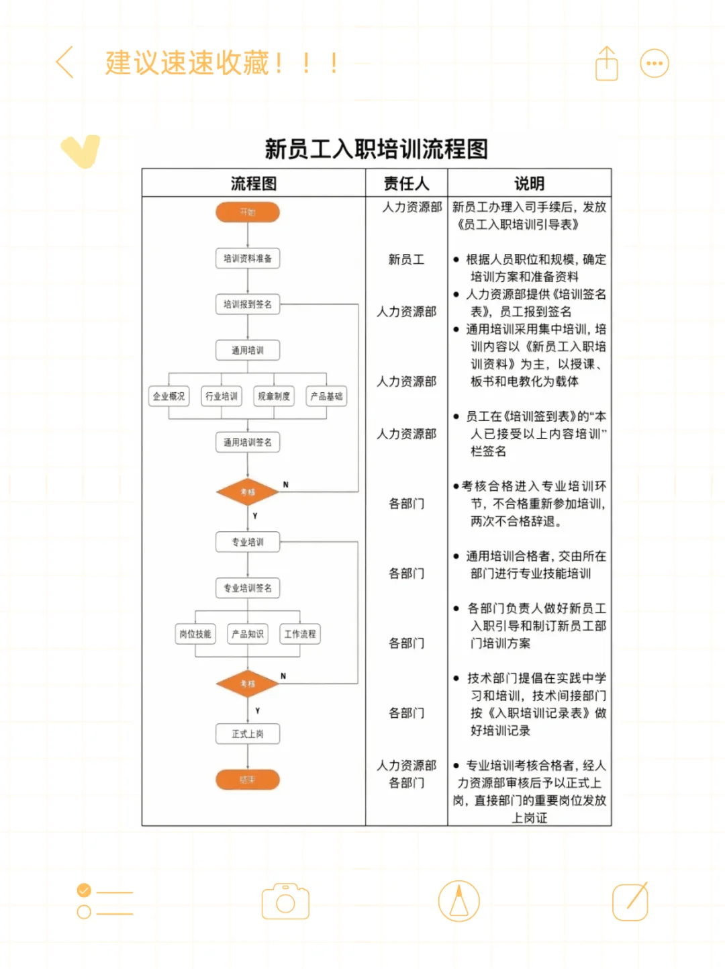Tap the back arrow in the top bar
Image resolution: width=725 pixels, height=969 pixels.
pos(65,63)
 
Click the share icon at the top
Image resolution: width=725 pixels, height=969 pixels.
pos(606,64)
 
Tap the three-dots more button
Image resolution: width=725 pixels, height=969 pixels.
pos(655,64)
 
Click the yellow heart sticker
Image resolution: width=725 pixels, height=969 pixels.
pos(81,150)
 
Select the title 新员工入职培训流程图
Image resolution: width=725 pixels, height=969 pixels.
pos(376,148)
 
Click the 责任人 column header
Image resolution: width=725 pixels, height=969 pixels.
pos(406,183)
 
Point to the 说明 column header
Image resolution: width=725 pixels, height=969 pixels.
pos(529,183)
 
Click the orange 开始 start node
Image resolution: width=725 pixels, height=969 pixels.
pos(247,212)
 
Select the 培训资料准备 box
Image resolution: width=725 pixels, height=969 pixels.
pos(247,259)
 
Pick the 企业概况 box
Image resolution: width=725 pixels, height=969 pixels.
pos(168,396)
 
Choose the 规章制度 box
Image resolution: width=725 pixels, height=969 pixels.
pos(274,396)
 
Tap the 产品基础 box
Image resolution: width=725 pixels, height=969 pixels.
pos(326,396)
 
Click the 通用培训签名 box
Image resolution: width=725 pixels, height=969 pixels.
pos(247,443)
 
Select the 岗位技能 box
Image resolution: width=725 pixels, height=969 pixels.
pos(195,634)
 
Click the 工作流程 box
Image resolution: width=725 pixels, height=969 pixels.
pos(299,634)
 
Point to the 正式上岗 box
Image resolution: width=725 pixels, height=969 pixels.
pos(247,734)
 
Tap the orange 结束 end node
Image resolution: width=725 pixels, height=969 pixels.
pos(247,780)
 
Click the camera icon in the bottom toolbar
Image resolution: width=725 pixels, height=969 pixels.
pos(285,901)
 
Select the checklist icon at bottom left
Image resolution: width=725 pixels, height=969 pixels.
pos(104,901)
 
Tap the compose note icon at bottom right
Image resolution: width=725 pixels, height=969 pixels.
pos(630,901)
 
